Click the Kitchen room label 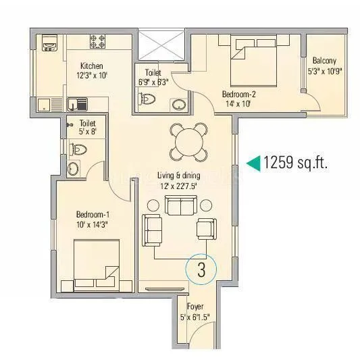pyautogui.click(x=91, y=66)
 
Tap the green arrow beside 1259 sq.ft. pyautogui.click(x=253, y=162)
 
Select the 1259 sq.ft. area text pyautogui.click(x=296, y=163)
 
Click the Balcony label pyautogui.click(x=324, y=59)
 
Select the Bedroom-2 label pyautogui.click(x=239, y=95)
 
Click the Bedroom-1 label pyautogui.click(x=93, y=215)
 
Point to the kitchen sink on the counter pyautogui.click(x=76, y=104)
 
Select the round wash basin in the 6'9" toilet pyautogui.click(x=178, y=104)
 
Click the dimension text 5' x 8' pyautogui.click(x=87, y=133)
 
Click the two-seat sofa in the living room pyautogui.click(x=154, y=230)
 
